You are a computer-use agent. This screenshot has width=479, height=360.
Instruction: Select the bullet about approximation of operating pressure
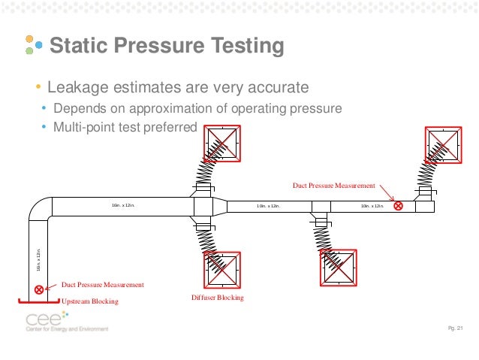coord(197,108)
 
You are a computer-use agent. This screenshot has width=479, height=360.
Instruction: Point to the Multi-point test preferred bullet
coord(124,126)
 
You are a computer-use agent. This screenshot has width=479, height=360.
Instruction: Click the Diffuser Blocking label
coord(218,298)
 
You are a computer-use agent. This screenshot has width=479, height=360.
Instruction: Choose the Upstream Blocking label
coord(89,301)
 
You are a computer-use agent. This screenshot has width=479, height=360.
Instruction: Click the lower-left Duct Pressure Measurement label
coord(102,285)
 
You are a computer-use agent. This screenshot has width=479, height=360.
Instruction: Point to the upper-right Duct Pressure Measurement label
coord(334,185)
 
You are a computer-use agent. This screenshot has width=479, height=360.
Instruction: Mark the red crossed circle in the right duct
coord(398,205)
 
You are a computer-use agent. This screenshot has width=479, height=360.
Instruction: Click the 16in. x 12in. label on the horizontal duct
coord(123,204)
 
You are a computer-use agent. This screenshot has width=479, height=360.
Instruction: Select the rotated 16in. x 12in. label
coord(39,259)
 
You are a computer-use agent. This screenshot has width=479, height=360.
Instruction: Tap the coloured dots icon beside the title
coord(30,44)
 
